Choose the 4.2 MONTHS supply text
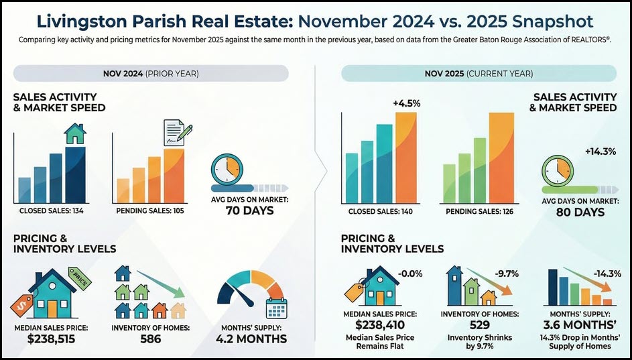coord(251,339)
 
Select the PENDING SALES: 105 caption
coord(150,212)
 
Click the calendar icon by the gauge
coord(276,308)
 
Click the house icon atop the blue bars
coord(74,133)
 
